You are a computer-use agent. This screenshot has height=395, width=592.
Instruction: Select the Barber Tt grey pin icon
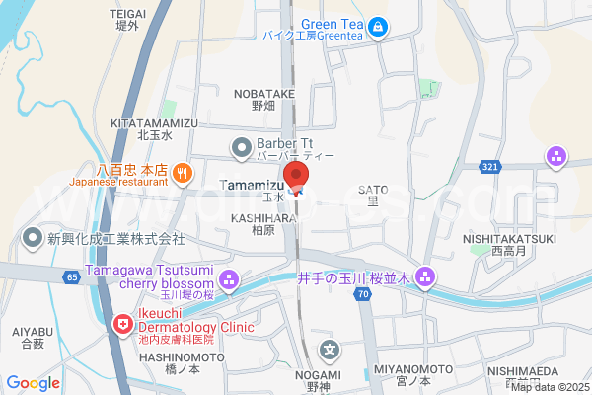point(241,149)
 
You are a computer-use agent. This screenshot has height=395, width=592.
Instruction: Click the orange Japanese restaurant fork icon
point(182,175)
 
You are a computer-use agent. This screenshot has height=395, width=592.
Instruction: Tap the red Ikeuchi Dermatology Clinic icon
point(123,323)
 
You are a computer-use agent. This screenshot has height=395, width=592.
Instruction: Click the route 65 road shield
point(72,277)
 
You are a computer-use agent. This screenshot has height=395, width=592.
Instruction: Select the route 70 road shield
point(364,294)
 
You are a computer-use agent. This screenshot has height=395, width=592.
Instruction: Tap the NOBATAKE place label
point(263,93)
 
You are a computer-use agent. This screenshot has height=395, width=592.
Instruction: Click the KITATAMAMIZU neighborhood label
point(155,122)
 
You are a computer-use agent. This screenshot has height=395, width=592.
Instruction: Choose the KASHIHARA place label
point(263,217)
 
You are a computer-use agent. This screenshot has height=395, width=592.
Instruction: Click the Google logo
point(34,382)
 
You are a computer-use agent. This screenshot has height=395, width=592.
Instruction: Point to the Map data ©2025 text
point(548,386)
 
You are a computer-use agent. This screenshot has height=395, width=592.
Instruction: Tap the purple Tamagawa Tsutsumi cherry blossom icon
point(229,279)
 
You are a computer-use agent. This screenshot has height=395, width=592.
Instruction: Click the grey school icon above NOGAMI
point(332,349)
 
